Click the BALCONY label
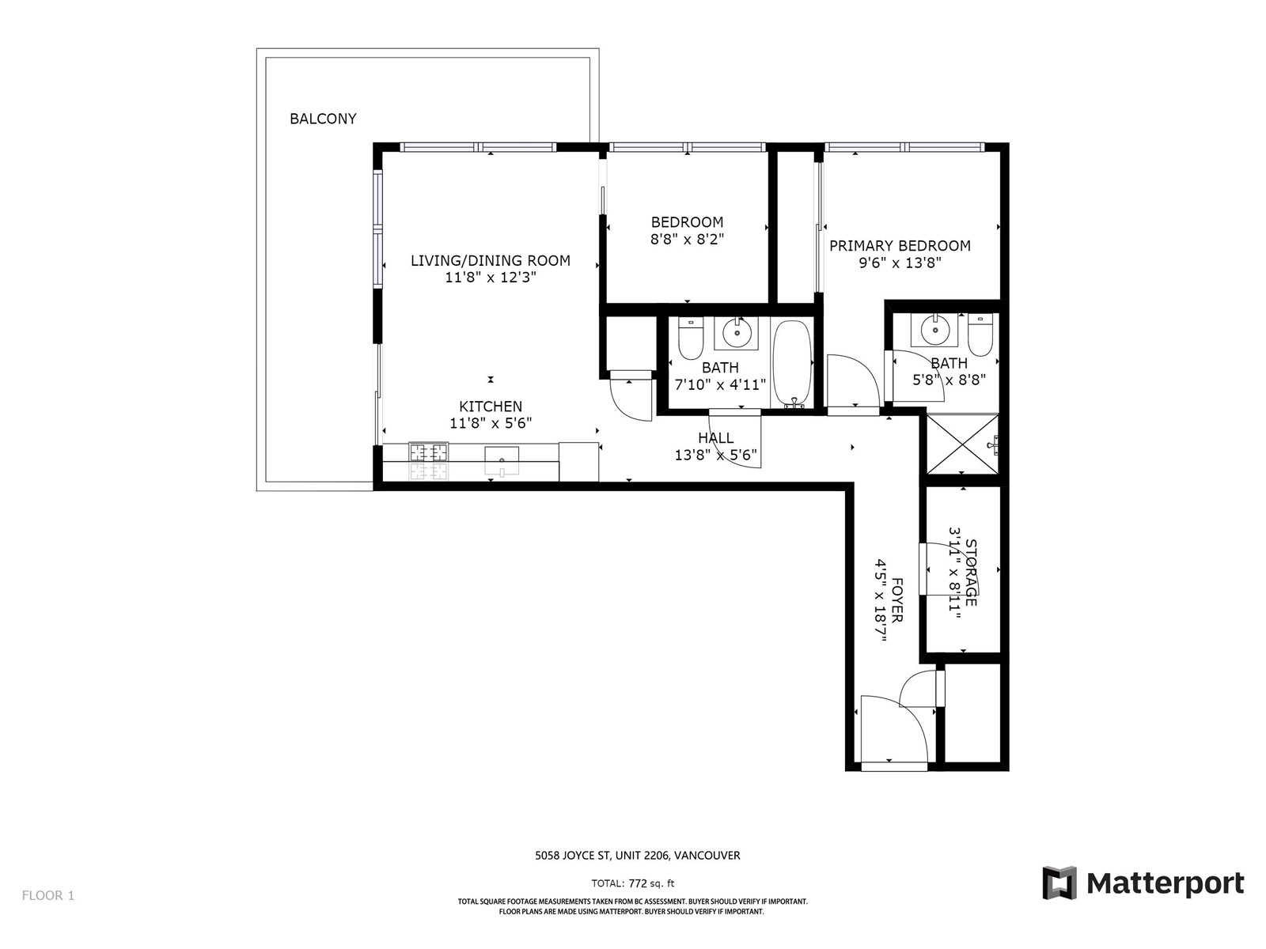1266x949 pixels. click(322, 119)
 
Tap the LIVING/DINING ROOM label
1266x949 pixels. click(491, 260)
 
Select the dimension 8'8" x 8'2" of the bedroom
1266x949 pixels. click(687, 239)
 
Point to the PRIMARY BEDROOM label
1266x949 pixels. click(900, 246)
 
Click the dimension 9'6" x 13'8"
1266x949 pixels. click(900, 263)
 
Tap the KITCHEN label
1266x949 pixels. click(491, 406)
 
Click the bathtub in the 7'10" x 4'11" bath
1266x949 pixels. click(792, 364)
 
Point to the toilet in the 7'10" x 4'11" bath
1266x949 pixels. click(691, 338)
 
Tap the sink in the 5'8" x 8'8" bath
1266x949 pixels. click(934, 331)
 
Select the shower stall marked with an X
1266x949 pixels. click(962, 444)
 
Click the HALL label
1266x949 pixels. click(716, 438)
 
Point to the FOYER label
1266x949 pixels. click(896, 599)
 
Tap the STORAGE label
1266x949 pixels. click(971, 573)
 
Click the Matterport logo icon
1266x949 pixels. click(1059, 883)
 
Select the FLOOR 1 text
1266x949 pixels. click(48, 895)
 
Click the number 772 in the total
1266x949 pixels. click(638, 883)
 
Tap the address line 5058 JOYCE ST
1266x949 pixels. click(572, 856)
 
